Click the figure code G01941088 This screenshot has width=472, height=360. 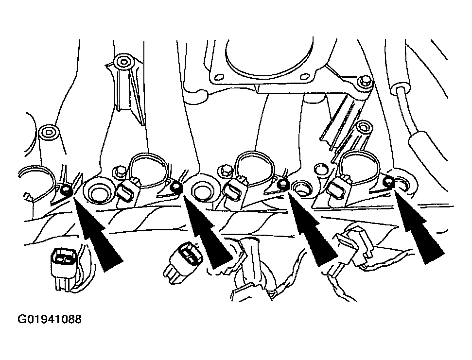click(50, 319)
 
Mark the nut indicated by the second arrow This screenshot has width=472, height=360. click(175, 188)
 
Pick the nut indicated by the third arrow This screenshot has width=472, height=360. click(282, 184)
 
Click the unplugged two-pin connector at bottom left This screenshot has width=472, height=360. click(64, 268)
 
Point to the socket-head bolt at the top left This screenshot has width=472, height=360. click(123, 62)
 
